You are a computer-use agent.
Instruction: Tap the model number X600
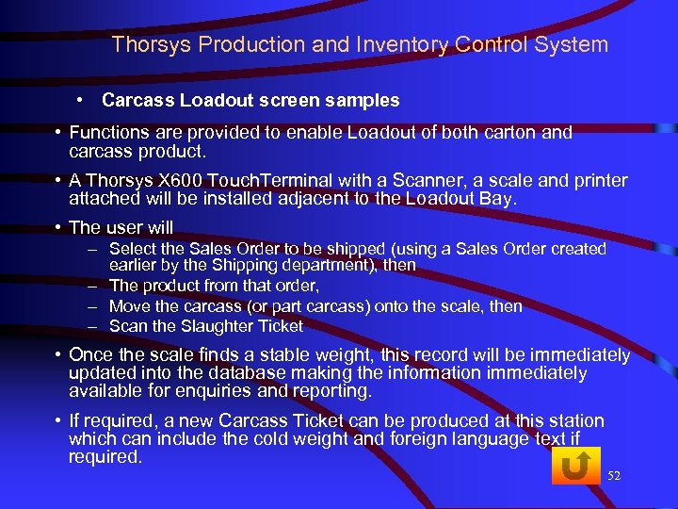191,181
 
